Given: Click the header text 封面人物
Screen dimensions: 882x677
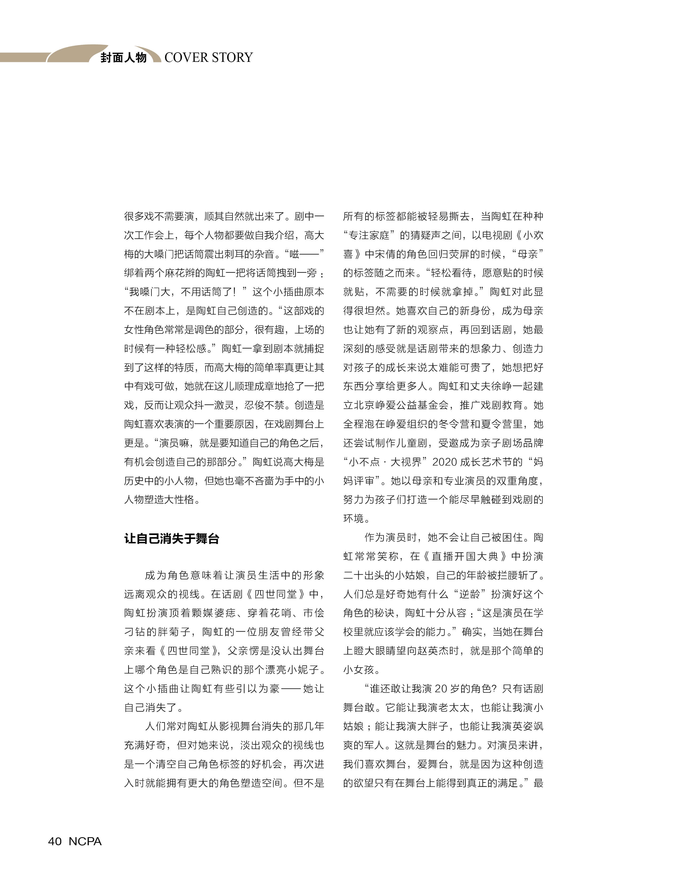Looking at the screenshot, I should coord(123,58).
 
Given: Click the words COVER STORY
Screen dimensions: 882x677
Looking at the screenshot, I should coord(208,58).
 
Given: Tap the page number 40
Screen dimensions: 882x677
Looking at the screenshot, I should coord(55,841).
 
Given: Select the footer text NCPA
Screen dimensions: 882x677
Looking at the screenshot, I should coord(85,841).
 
